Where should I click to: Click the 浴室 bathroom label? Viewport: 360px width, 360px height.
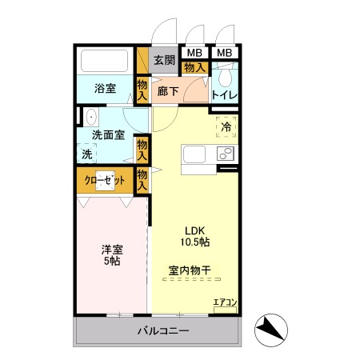[x=105, y=88]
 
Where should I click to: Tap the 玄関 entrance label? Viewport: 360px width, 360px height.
[x=164, y=60]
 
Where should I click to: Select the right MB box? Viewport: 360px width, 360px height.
[x=225, y=54]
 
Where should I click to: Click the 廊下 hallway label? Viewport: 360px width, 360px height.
[x=167, y=91]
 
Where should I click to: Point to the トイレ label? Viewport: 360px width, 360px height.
[x=225, y=95]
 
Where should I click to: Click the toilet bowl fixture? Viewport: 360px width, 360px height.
[x=226, y=78]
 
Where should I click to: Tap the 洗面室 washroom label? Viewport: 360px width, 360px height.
[x=107, y=135]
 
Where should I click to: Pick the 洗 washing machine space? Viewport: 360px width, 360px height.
[x=86, y=153]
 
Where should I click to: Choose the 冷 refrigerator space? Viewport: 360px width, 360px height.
[x=226, y=126]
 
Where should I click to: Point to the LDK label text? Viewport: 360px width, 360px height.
[x=195, y=227]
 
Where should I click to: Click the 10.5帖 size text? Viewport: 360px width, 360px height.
[x=195, y=241]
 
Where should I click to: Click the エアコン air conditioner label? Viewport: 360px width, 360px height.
[x=225, y=302]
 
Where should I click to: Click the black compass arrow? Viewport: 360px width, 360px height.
[x=270, y=328]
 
